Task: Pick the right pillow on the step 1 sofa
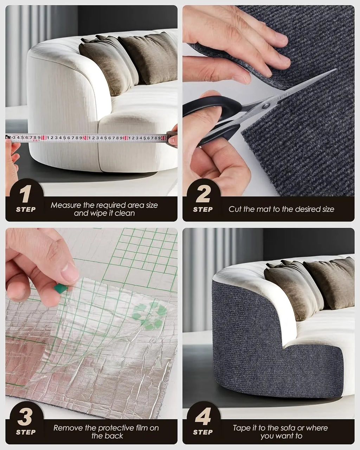coord(149,58)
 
